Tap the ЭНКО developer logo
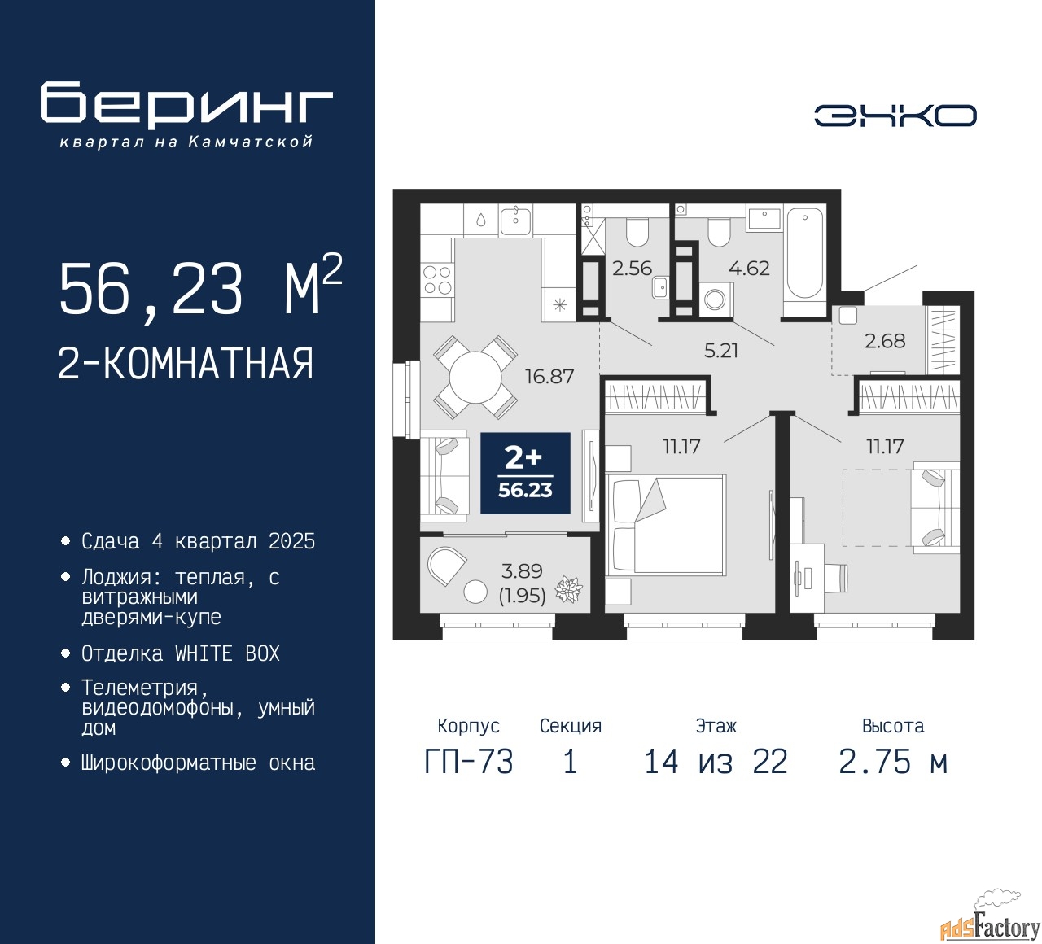(x=895, y=116)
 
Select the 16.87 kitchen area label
(x=549, y=377)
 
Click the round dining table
(x=475, y=377)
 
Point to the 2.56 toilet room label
(x=632, y=269)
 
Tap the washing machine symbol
(x=716, y=299)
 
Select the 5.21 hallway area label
(x=721, y=351)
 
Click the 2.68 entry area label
(x=885, y=341)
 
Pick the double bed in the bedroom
(x=665, y=524)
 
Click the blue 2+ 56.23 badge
(x=525, y=473)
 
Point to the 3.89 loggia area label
(x=522, y=571)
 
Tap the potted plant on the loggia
(x=569, y=590)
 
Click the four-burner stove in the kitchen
(x=438, y=280)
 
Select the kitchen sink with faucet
(x=515, y=221)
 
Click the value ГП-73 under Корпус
(x=469, y=762)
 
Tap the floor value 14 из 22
(x=716, y=762)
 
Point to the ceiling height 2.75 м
(x=893, y=762)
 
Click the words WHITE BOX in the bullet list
(x=227, y=653)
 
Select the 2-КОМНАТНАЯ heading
(x=186, y=364)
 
